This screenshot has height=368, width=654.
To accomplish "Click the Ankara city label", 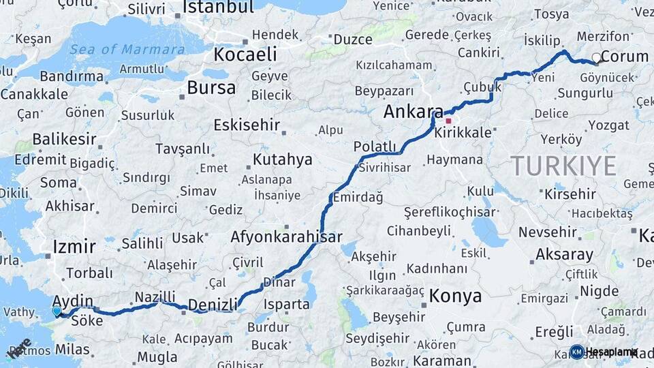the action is coord(413,112).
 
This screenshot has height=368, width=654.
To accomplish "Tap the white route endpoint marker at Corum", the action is coord(597,58).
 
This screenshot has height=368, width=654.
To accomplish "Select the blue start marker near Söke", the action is coord(57,311).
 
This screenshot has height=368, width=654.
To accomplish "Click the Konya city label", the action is coord(455,296).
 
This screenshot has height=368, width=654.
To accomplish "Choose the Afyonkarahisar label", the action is coord(286,237).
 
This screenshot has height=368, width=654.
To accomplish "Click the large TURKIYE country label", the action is coord(563,166).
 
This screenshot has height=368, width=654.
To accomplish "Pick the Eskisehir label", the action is coord(247,125).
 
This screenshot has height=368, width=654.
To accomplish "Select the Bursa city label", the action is coord(211,87).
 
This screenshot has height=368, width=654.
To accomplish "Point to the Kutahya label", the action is coord(283,159).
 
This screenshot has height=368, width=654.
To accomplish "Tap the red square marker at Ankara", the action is coord(448,121).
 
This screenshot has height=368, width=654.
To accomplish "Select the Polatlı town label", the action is coord(375,146).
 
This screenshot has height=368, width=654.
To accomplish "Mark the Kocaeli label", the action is coord(246,55).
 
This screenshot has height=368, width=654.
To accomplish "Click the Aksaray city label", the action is coord(564,254).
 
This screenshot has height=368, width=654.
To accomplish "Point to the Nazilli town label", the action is coord(155,296).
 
